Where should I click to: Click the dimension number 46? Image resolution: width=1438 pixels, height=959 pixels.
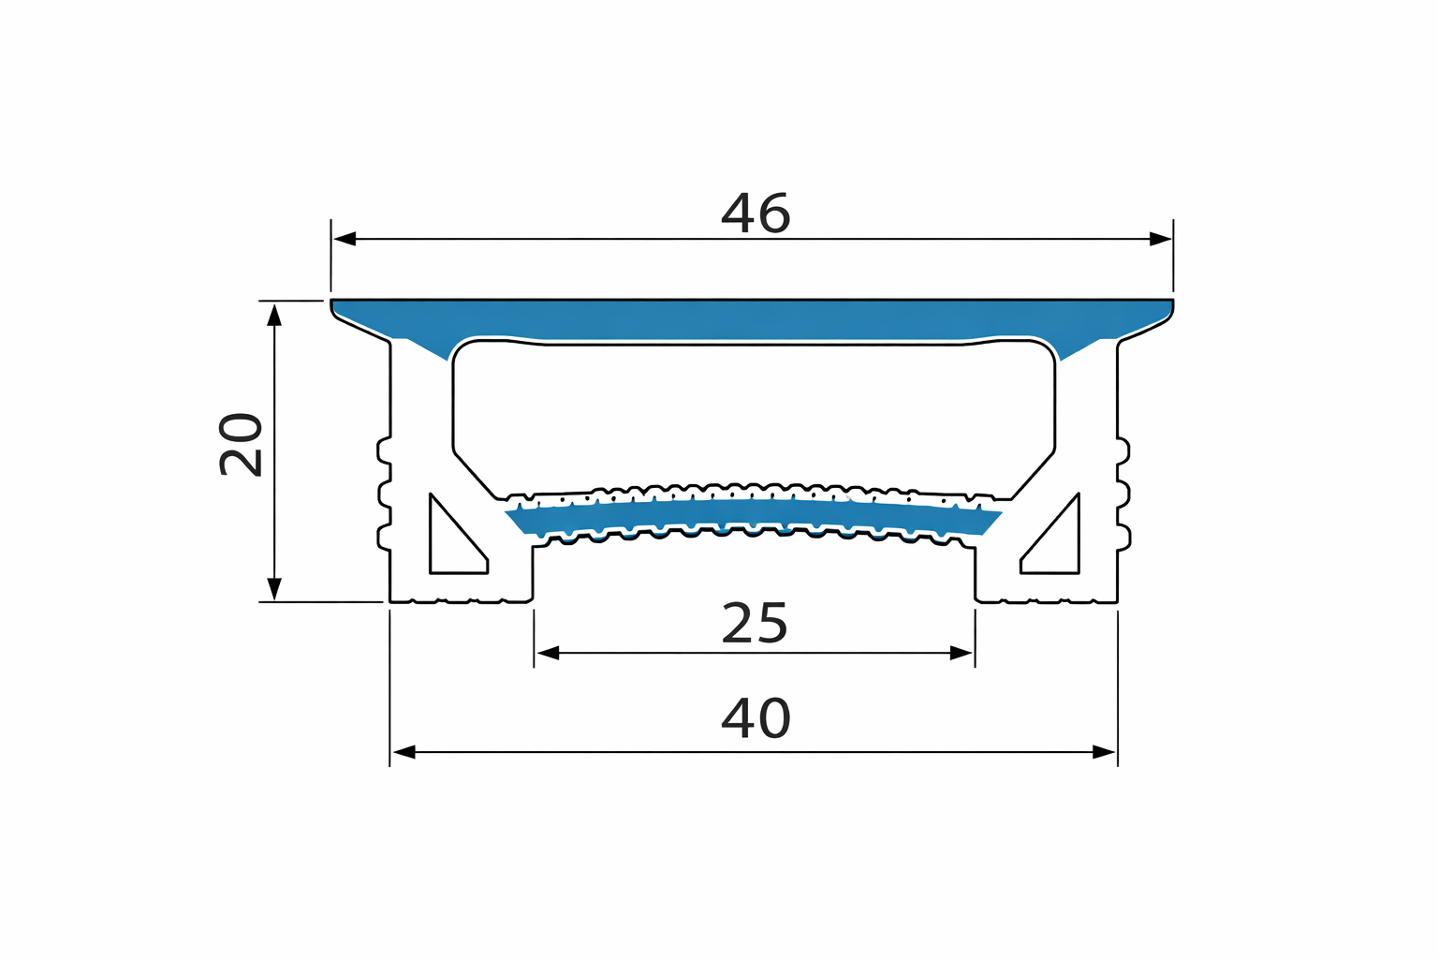pos(756,214)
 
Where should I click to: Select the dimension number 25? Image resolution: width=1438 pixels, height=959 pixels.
pos(755,624)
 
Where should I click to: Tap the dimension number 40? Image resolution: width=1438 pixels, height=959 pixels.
pos(756,718)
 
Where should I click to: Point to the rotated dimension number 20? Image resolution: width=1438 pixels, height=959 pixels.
pos(241,444)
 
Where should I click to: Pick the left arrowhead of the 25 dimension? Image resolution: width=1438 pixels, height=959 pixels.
pos(547,653)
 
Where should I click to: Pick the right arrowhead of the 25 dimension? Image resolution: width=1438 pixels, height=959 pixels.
pos(962,653)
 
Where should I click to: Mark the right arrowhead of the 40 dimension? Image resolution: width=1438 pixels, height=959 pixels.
pos(1105,751)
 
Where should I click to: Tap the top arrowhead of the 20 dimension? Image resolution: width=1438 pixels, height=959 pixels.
pos(274,314)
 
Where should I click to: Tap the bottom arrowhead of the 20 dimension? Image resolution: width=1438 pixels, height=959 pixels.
pos(274,589)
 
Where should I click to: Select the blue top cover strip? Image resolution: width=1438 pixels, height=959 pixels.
pos(754,319)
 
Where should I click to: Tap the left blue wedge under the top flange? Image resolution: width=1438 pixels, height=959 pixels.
pos(426,346)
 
